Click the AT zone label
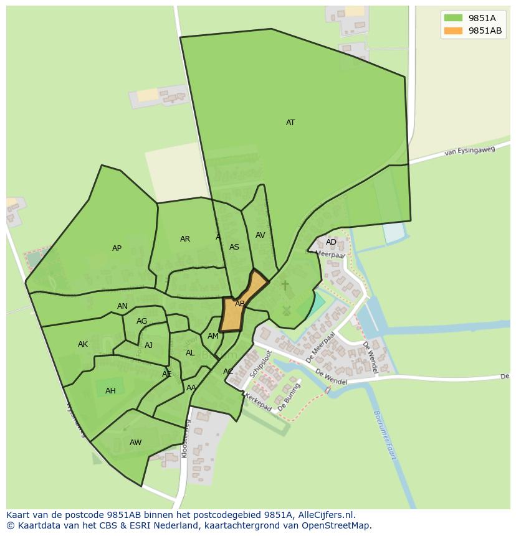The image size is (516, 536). pos(290,123)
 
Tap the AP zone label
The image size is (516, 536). pos(117,248)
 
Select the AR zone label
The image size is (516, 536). pos(185,239)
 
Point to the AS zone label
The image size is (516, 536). pos(234,247)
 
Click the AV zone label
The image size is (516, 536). pos(260,235)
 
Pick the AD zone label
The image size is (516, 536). pos(331,242)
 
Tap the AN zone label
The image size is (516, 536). pos(122,306)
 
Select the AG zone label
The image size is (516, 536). pos(141,321)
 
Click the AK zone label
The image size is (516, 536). pos(83,344)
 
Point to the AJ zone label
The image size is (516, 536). pos(148,346)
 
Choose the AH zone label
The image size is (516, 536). pos(110,391)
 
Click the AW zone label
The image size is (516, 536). pos(135,443)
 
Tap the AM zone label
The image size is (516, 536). pos(213,336)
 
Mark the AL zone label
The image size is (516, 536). pos(190,353)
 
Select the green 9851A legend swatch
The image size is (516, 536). pos(453,18)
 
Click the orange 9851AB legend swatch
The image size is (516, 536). pos(453,31)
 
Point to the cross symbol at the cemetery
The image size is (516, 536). pos(285,285)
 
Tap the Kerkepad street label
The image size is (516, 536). pos(257,402)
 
